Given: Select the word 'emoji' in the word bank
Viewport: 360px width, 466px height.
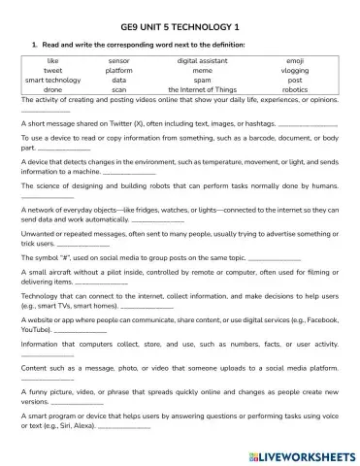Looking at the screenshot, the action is pos(295,61).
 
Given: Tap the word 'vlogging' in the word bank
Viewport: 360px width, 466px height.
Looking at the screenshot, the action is pos(295,71).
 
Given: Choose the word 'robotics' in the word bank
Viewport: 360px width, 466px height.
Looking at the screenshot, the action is pos(295,89).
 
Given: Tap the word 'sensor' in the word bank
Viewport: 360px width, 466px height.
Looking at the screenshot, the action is pos(119,61).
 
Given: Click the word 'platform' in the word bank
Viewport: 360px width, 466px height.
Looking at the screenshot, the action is pos(119,71).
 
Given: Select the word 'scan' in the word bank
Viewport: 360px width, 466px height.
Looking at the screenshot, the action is pos(119,89).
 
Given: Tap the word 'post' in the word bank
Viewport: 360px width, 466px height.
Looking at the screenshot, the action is pos(295,80).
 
